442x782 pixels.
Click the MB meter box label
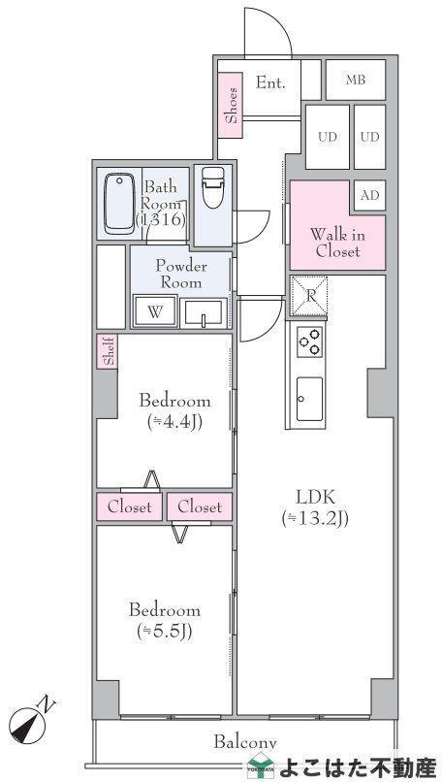pos(356,80)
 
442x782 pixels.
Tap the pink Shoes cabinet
pos(231,105)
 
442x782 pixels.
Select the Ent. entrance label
pos(270,82)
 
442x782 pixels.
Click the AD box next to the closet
pos(369,195)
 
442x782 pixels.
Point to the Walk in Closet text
pos(337,243)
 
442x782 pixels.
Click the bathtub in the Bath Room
pos(119,204)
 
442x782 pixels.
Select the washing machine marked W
pos(155,311)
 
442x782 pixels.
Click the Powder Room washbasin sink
pos(204,312)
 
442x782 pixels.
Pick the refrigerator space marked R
pos(309,296)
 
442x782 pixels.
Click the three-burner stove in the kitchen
pos(309,342)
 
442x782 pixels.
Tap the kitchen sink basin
pos(309,399)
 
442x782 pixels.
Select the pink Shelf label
pos(108,351)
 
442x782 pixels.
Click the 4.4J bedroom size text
pos(174,422)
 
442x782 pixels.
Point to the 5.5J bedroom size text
pos(165,632)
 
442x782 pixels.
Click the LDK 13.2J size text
pos(314,519)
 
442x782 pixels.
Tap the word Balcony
pos(245,742)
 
